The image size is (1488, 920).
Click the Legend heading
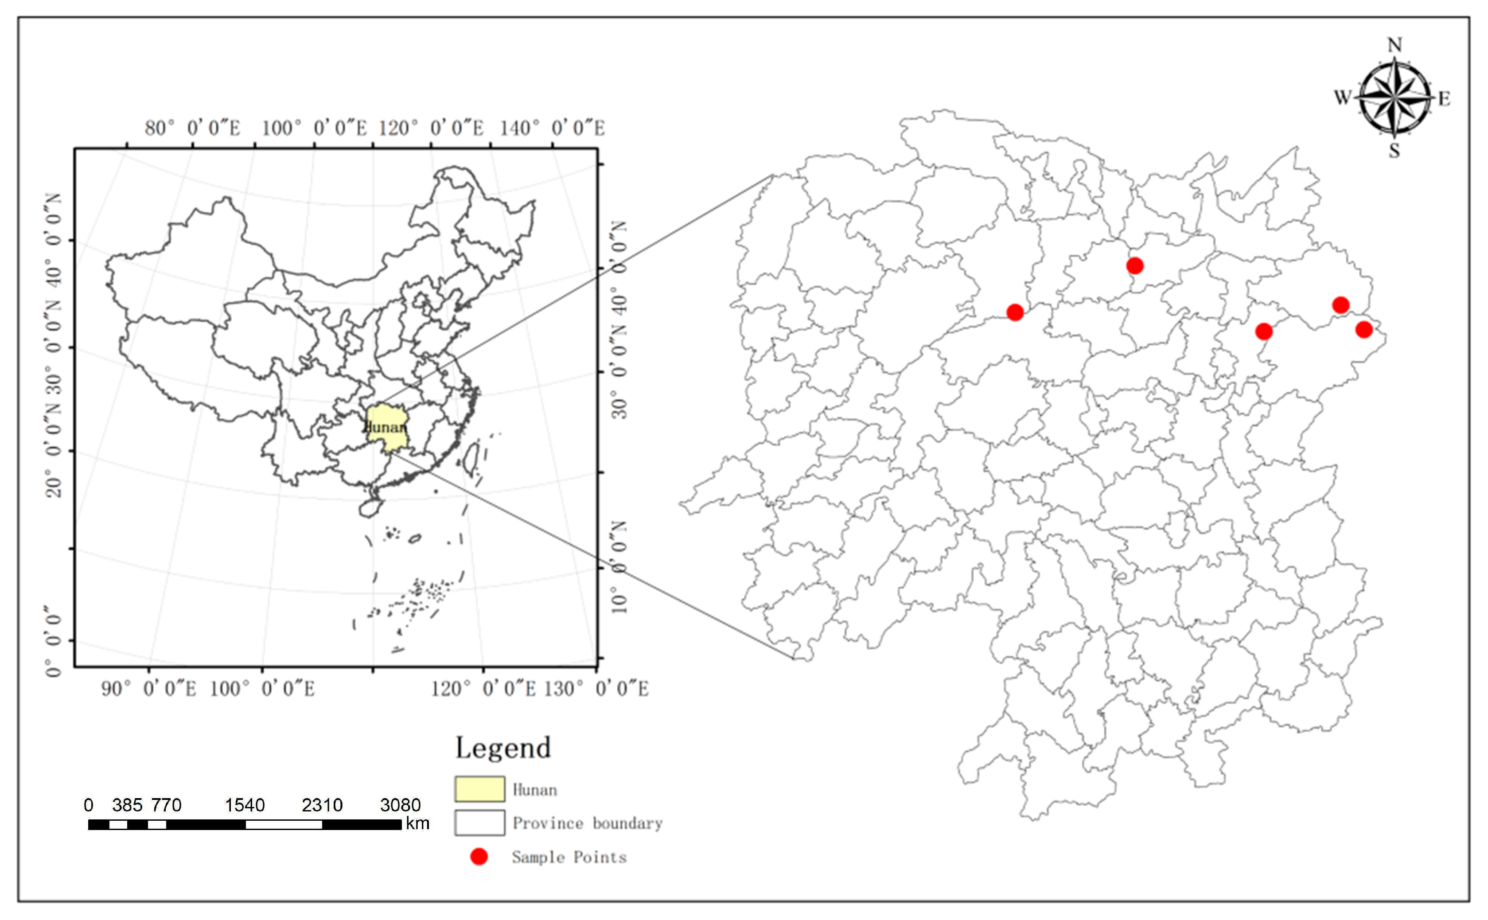pyautogui.click(x=503, y=748)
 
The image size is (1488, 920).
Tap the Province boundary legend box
pyautogui.click(x=479, y=823)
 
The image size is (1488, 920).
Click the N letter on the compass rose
pyautogui.click(x=1395, y=45)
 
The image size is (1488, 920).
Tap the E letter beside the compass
pyautogui.click(x=1444, y=98)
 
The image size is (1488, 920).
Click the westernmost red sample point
pyautogui.click(x=1015, y=313)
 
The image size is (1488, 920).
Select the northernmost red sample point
pyautogui.click(x=1134, y=266)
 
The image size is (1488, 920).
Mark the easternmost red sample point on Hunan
pyautogui.click(x=1364, y=330)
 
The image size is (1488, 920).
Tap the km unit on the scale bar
pyautogui.click(x=417, y=824)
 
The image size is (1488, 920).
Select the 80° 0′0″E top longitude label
pyautogui.click(x=192, y=129)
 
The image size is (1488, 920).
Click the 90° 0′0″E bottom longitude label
pyautogui.click(x=148, y=689)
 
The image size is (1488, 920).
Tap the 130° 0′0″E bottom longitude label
pyautogui.click(x=596, y=689)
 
